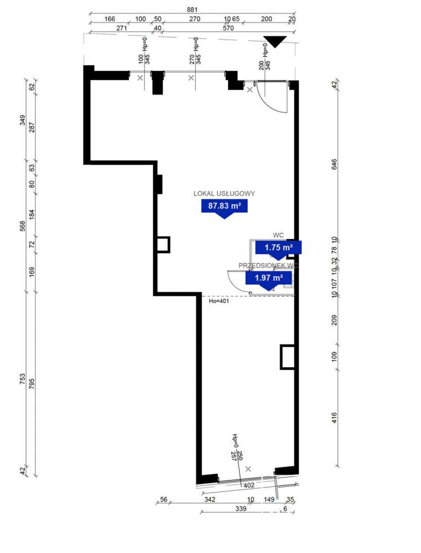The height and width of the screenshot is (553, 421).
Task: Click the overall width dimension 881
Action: (192, 9)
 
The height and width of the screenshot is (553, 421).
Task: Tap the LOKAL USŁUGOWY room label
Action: (224, 194)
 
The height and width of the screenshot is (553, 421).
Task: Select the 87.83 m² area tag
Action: (224, 207)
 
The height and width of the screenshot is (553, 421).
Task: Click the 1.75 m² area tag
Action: (278, 247)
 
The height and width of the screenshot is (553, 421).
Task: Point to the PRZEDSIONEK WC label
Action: (268, 265)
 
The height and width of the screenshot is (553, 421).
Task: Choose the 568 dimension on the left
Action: (23, 227)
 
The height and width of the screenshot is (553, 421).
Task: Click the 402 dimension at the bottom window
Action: (248, 485)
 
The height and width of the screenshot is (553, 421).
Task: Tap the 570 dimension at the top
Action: (228, 28)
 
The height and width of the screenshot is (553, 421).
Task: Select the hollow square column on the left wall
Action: (163, 244)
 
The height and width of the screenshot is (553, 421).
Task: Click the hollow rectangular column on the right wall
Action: (288, 357)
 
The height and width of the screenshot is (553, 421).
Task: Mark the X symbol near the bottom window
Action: (247, 469)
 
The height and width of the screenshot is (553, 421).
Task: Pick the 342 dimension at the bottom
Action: (209, 500)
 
